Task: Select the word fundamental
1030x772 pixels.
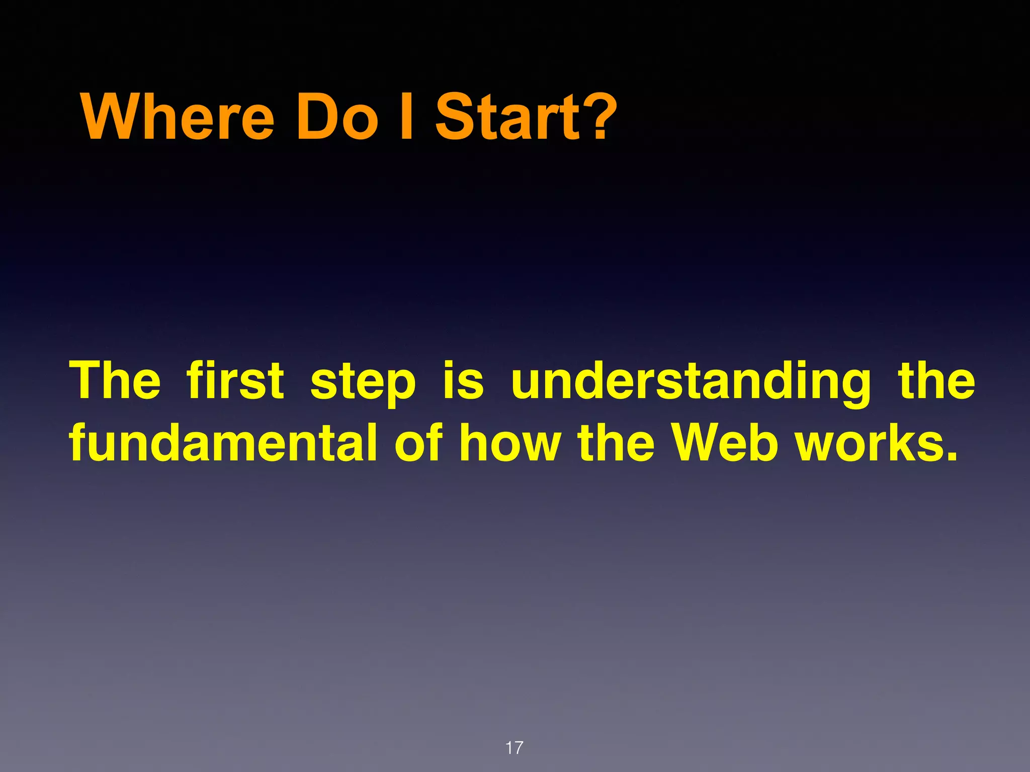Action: tap(223, 442)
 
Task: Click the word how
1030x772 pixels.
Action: tap(510, 442)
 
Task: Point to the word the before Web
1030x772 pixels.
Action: tap(616, 442)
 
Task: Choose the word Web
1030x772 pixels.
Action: tap(726, 442)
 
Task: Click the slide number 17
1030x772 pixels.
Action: tap(514, 748)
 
